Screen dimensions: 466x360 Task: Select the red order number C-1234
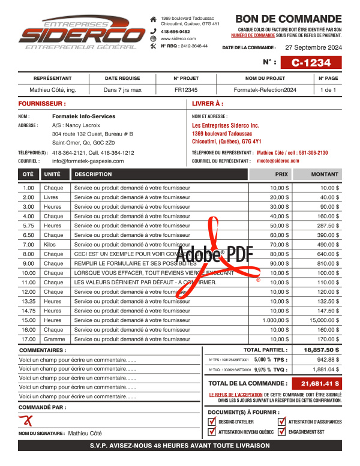tap(311, 62)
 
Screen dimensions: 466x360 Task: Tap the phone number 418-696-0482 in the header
tap(175, 31)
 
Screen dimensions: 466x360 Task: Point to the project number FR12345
tap(186, 90)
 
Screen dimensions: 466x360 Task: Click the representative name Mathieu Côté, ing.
tap(53, 90)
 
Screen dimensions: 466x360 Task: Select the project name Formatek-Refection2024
tap(265, 90)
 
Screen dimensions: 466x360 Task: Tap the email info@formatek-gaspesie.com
tap(88, 161)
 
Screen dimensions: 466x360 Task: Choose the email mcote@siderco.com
tap(278, 161)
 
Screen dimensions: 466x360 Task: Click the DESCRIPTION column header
tap(93, 175)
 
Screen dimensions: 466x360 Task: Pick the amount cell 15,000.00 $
tap(325, 320)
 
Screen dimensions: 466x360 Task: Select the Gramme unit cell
tap(54, 339)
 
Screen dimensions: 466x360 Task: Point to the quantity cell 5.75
tap(28, 226)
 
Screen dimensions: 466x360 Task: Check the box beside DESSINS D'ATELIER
tap(212, 422)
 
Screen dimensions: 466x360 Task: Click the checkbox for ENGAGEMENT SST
tap(282, 432)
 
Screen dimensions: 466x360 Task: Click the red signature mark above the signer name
tap(25, 420)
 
